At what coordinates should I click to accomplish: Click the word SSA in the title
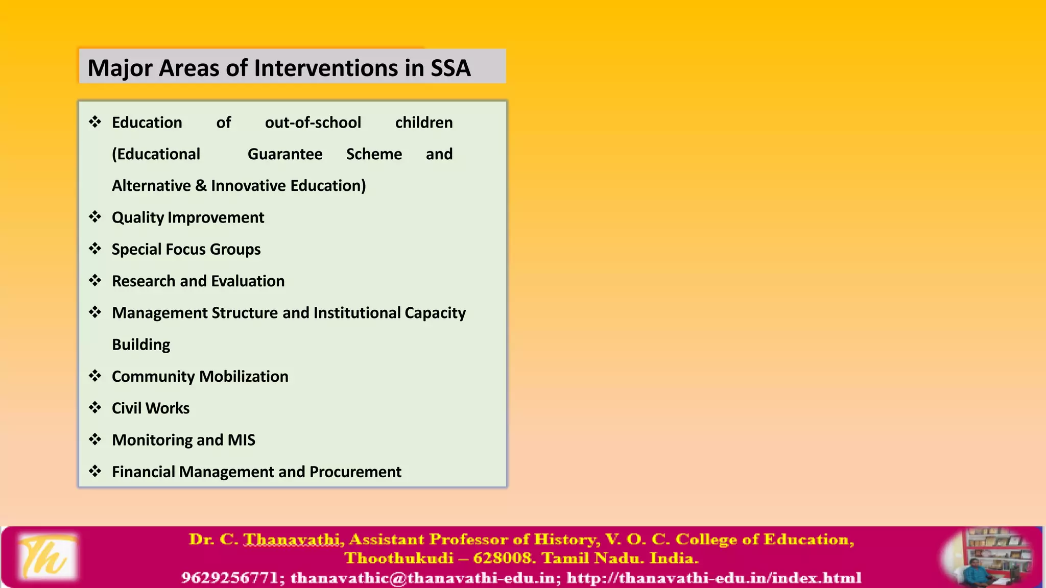(x=450, y=68)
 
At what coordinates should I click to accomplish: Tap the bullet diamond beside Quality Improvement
(x=95, y=217)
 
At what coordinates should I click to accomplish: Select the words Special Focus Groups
(x=186, y=249)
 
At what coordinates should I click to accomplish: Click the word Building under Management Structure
(x=141, y=345)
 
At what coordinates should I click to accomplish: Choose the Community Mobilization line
(x=200, y=377)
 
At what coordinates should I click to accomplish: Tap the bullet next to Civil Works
(x=95, y=407)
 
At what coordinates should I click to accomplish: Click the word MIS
(x=241, y=440)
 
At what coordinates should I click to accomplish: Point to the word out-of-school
(x=313, y=122)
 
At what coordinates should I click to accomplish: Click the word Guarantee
(x=285, y=154)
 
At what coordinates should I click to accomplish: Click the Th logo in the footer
(x=47, y=557)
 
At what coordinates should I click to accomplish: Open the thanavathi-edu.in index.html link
(x=714, y=578)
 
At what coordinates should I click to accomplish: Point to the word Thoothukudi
(x=399, y=558)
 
